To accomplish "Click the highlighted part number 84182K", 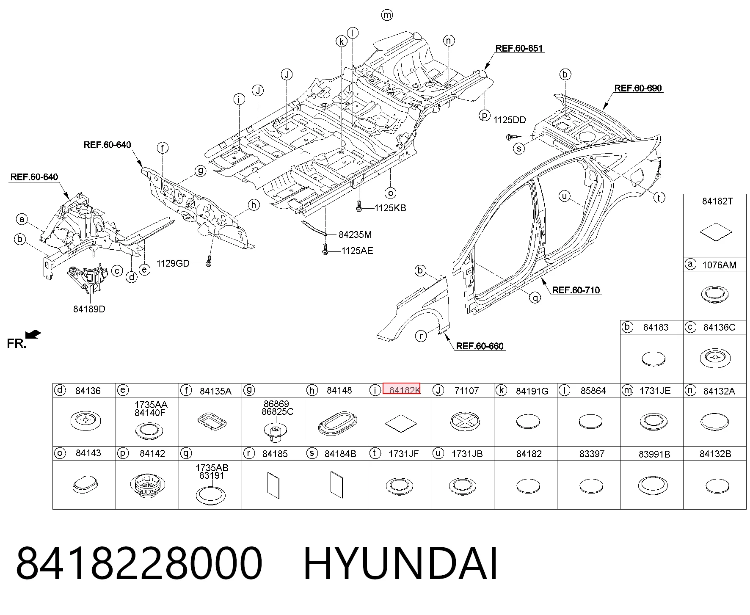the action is coord(401,389).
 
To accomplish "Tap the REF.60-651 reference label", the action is coord(519,48).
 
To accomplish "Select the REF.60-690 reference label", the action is coord(638,88).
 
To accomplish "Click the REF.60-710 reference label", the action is coord(576,290).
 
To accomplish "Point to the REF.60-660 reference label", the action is coord(480,346).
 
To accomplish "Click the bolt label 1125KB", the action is coord(390,208).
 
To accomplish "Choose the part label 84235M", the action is coord(355,234).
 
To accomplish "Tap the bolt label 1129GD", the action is coord(173,263).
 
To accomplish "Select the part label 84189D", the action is coord(89,309).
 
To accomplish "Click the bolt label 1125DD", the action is coord(510,120).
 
